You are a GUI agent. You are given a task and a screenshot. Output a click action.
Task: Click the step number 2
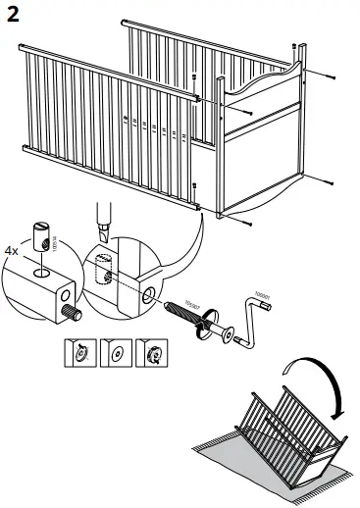pos(14,14)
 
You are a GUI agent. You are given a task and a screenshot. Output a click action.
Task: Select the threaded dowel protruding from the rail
pos(72,315)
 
